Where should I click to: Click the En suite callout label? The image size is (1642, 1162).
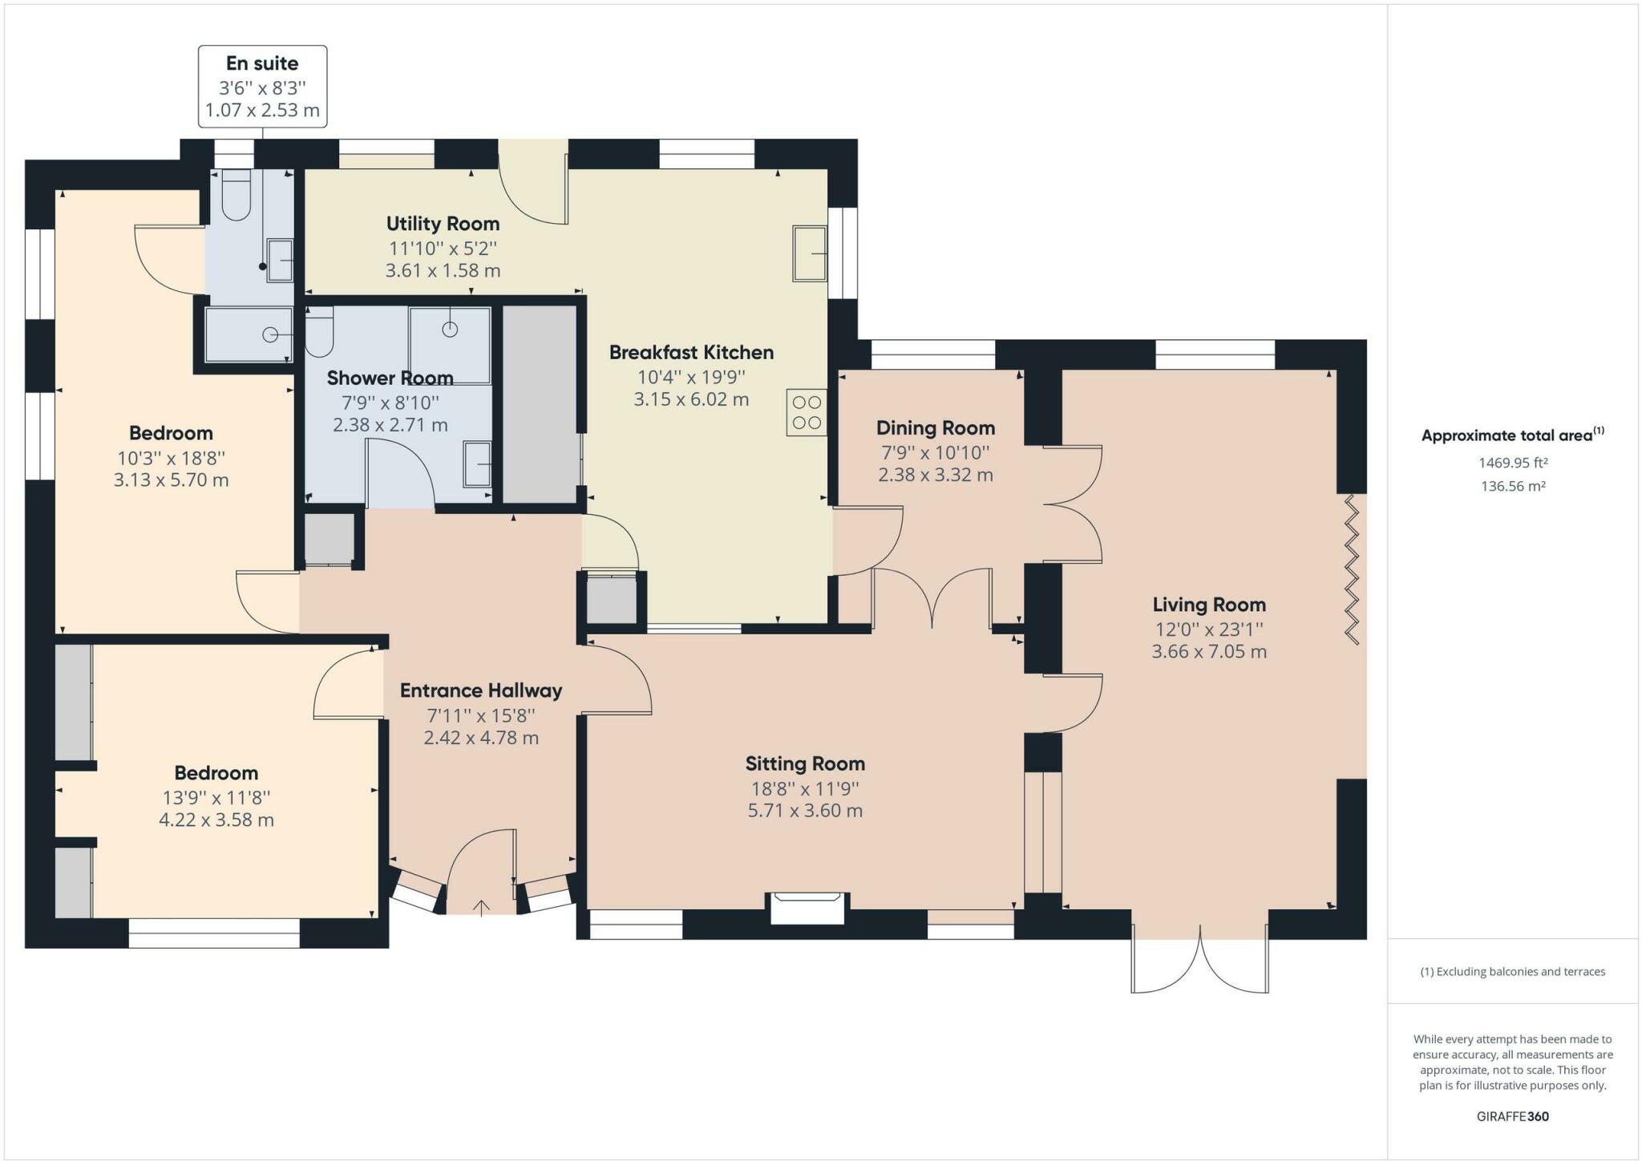click(262, 63)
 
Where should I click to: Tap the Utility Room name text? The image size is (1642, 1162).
click(443, 224)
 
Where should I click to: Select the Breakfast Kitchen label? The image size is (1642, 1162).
click(691, 352)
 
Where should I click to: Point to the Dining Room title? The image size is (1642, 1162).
click(936, 428)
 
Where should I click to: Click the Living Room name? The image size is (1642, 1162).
click(1209, 605)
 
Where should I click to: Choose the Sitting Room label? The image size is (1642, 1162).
click(805, 763)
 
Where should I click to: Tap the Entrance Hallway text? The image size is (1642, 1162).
click(481, 690)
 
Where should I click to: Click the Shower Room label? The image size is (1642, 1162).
click(390, 378)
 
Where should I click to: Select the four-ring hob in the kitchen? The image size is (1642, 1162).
click(807, 412)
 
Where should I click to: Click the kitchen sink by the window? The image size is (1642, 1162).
click(810, 253)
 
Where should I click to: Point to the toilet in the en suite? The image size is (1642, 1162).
click(236, 194)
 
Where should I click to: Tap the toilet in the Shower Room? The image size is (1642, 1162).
click(319, 333)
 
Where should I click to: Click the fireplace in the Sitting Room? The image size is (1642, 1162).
click(807, 907)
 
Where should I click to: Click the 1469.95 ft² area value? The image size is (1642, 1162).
click(1512, 463)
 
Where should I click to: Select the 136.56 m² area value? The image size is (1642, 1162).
click(1512, 486)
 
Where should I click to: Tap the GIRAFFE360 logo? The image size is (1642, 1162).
click(1512, 1116)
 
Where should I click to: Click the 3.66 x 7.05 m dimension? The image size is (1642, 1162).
click(1209, 651)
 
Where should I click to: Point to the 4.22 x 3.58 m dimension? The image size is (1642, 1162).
click(216, 820)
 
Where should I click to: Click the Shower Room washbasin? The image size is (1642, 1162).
click(477, 464)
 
